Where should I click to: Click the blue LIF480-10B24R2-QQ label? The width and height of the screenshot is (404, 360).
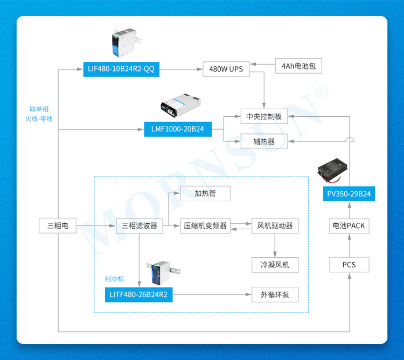tap(121, 69)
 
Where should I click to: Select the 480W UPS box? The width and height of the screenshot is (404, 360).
tap(226, 69)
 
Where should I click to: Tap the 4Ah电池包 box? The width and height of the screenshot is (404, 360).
tap(298, 66)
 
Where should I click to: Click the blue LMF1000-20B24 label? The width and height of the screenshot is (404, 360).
tap(177, 129)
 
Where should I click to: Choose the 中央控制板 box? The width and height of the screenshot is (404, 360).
tap(264, 116)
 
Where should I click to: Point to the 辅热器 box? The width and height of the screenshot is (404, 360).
tap(264, 141)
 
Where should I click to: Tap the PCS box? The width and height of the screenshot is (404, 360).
tap(349, 265)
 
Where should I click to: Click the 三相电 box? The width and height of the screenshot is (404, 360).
tap(58, 225)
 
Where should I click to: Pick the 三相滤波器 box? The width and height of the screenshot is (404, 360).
tap(140, 225)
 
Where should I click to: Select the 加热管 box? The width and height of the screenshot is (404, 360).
tap(205, 193)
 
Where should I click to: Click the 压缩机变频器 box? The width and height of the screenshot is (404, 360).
tap(205, 225)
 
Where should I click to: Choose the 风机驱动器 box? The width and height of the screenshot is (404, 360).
tap(275, 225)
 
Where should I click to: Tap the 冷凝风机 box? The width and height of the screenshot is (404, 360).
tap(275, 265)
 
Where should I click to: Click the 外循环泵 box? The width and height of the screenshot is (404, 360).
tap(275, 295)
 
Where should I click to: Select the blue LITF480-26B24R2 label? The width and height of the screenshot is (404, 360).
tap(138, 295)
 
